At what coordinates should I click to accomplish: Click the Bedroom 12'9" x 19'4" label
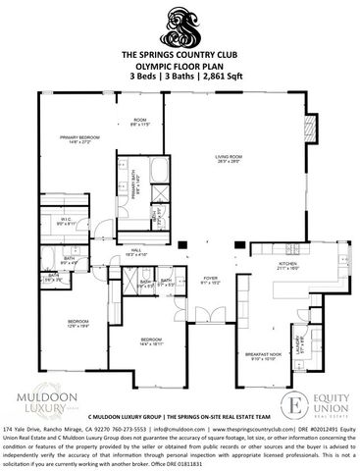pyautogui.click(x=78, y=323)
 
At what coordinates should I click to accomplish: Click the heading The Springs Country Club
pyautogui.click(x=180, y=57)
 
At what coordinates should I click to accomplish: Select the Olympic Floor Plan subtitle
pyautogui.click(x=180, y=67)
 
